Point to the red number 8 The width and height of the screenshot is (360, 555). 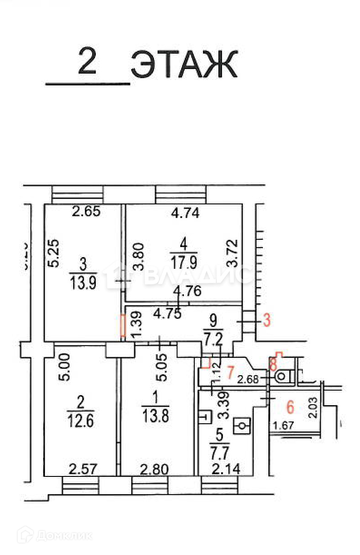tap(273, 364)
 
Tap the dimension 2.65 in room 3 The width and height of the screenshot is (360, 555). tap(87, 211)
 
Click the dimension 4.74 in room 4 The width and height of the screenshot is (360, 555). tap(184, 213)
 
